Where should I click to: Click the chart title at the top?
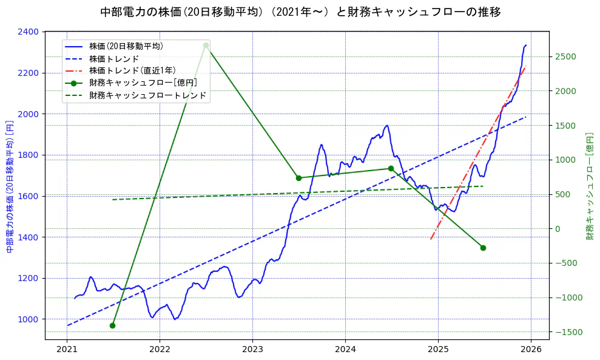click(x=300, y=12)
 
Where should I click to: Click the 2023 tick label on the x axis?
click(x=252, y=350)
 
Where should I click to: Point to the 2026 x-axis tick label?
click(x=531, y=350)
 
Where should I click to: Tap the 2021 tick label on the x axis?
click(x=67, y=350)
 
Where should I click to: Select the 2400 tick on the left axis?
click(x=30, y=32)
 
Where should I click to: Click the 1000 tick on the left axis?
click(x=30, y=319)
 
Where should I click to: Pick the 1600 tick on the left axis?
click(x=30, y=196)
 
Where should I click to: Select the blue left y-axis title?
click(x=10, y=186)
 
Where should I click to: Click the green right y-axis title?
click(x=589, y=186)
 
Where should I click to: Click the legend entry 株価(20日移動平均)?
click(x=126, y=46)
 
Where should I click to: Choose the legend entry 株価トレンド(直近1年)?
click(x=132, y=70)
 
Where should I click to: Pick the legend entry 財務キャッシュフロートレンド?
click(x=147, y=95)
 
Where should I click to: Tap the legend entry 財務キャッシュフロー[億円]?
click(x=143, y=83)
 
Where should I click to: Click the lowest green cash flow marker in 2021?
click(x=112, y=325)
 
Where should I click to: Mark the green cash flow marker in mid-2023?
click(x=298, y=178)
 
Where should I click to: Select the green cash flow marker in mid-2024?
click(x=391, y=168)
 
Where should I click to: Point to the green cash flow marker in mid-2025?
click(x=483, y=248)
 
